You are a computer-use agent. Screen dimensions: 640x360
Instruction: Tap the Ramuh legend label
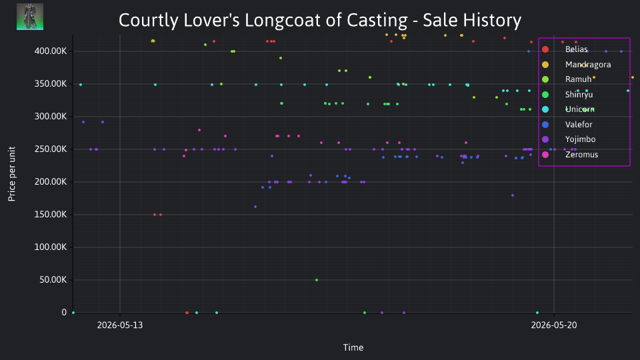(578, 79)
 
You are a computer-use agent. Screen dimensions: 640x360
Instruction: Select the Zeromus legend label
(581, 154)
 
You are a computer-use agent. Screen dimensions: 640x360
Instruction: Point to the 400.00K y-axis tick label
(51, 51)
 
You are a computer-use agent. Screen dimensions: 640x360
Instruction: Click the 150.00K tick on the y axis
(51, 214)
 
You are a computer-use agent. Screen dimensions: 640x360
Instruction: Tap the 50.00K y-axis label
(53, 279)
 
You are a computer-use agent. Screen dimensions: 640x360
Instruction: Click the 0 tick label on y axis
(64, 312)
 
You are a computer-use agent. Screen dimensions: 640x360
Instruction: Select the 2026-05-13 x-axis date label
(120, 325)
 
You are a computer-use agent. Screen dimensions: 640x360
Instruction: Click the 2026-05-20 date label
(554, 325)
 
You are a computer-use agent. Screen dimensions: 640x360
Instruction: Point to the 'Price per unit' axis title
(11, 174)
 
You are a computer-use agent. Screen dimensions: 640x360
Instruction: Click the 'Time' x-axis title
(353, 347)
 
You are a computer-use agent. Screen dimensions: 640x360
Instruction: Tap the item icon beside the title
(30, 17)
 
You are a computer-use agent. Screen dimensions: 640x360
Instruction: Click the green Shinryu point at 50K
(317, 280)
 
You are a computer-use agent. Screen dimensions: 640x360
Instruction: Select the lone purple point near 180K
(513, 195)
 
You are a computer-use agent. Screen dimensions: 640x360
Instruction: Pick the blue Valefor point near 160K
(255, 207)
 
